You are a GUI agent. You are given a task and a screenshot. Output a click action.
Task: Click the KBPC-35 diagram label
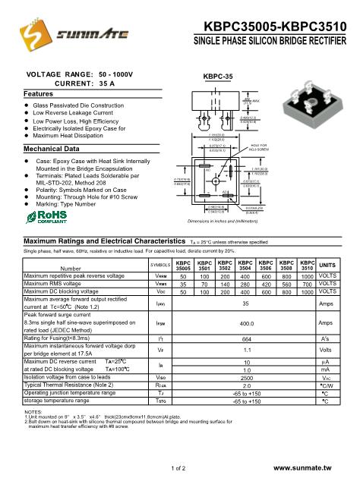tap(216, 77)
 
